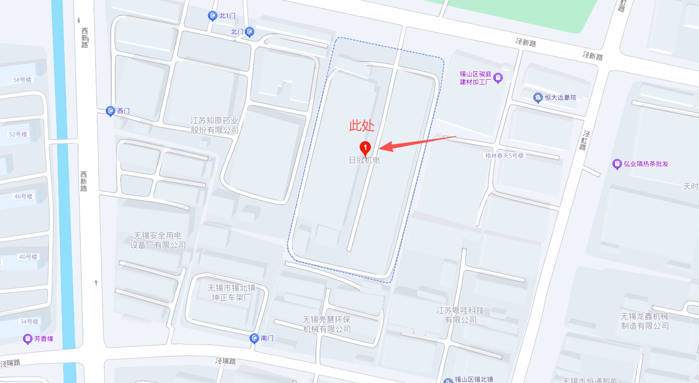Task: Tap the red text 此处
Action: coord(362,126)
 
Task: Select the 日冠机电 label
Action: coord(364,160)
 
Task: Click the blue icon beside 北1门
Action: coord(212,16)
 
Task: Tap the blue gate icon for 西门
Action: coord(111,111)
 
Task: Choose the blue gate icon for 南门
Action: coord(254,338)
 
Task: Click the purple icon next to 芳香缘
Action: coord(27,339)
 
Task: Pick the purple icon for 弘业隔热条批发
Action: coord(617,164)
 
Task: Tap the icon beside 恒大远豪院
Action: coord(538,97)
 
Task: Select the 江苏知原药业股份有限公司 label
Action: coord(215,126)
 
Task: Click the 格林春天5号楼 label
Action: coord(504,156)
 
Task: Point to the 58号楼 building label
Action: coord(22,80)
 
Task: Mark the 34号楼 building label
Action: coord(29,321)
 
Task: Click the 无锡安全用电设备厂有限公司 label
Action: coord(158,240)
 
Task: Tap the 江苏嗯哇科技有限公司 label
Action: coord(460,315)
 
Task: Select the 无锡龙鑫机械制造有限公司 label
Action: coord(644,321)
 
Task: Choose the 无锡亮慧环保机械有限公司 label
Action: coord(327,324)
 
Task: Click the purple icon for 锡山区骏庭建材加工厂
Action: coord(498,78)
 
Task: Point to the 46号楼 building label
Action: coord(24,196)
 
